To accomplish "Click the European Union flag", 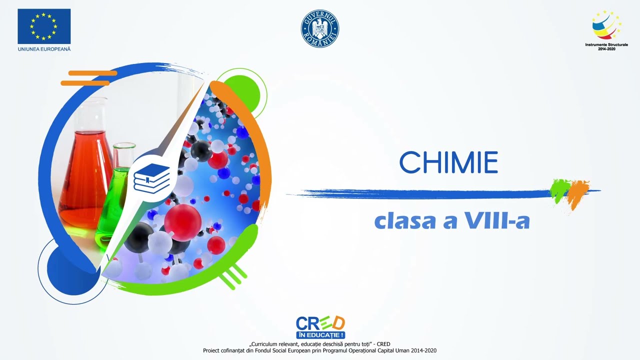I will [x=44, y=26].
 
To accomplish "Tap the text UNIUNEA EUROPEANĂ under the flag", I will [x=44, y=49].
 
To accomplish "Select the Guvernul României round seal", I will [x=320, y=28].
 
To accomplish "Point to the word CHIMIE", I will [x=448, y=162].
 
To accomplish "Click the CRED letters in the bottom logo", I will [x=320, y=323].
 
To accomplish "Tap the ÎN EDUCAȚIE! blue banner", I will [x=320, y=334].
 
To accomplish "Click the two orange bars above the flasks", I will [x=87, y=78].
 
